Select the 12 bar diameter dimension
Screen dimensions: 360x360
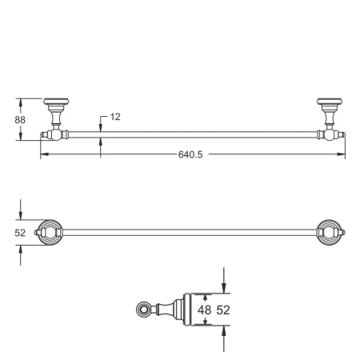115,118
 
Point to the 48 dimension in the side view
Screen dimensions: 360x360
204,310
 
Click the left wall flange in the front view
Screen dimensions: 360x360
55,104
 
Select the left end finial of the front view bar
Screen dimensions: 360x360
42,135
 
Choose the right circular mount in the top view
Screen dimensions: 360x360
329,233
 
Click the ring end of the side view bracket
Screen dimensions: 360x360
144,309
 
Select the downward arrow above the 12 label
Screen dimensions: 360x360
101,127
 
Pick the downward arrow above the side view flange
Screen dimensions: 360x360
224,289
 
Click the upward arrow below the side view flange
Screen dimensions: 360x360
224,330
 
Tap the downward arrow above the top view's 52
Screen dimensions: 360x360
21,214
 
